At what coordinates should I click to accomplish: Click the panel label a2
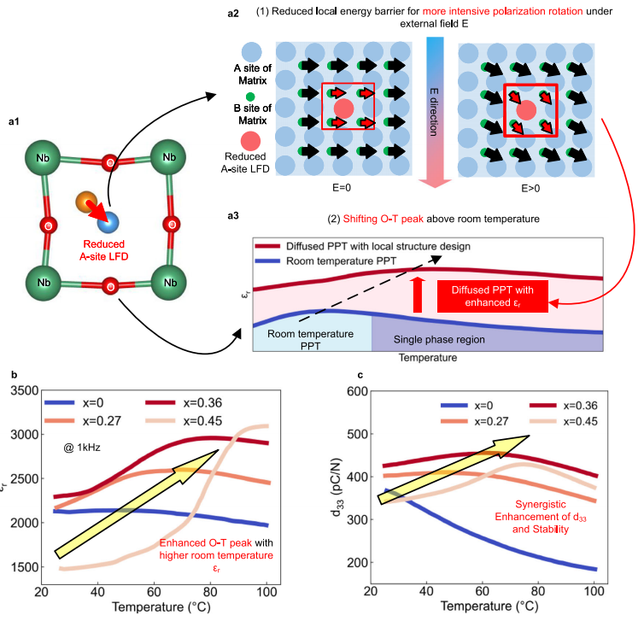(241, 13)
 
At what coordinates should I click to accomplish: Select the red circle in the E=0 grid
(344, 108)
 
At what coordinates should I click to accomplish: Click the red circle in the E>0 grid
(527, 108)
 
